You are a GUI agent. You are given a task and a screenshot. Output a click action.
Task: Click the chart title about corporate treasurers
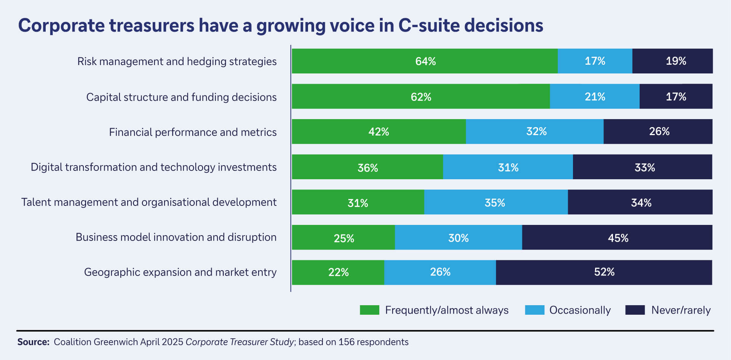pyautogui.click(x=280, y=25)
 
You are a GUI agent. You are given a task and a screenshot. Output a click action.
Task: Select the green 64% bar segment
pyautogui.click(x=425, y=61)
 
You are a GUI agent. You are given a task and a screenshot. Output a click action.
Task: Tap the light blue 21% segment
pyautogui.click(x=594, y=97)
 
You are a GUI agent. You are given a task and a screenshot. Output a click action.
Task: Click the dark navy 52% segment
pyautogui.click(x=604, y=272)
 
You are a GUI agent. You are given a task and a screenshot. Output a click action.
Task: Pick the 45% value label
pyautogui.click(x=618, y=238)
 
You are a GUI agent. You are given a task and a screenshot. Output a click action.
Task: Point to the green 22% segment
pyautogui.click(x=338, y=272)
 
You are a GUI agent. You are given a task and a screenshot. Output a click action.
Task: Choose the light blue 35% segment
pyautogui.click(x=495, y=202)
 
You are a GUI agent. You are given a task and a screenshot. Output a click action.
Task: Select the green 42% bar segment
pyautogui.click(x=378, y=132)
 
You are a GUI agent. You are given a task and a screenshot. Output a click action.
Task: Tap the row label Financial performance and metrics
pyautogui.click(x=193, y=132)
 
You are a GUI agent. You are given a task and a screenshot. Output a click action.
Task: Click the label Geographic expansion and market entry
pyautogui.click(x=180, y=272)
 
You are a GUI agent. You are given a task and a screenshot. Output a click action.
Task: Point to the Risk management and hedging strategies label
pyautogui.click(x=177, y=61)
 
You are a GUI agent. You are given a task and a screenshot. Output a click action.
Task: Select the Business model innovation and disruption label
pyautogui.click(x=176, y=237)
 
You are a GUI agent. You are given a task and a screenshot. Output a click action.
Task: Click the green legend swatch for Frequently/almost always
pyautogui.click(x=369, y=310)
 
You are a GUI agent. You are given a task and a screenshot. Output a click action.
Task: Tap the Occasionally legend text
pyautogui.click(x=579, y=310)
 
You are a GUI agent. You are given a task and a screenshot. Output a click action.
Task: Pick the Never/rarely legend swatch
pyautogui.click(x=635, y=310)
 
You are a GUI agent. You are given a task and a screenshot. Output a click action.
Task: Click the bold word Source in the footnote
pyautogui.click(x=33, y=342)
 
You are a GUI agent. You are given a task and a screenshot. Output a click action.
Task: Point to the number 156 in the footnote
pyautogui.click(x=346, y=342)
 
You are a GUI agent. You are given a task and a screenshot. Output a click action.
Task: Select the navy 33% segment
pyautogui.click(x=644, y=167)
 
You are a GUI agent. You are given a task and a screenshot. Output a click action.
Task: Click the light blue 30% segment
pyautogui.click(x=458, y=238)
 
